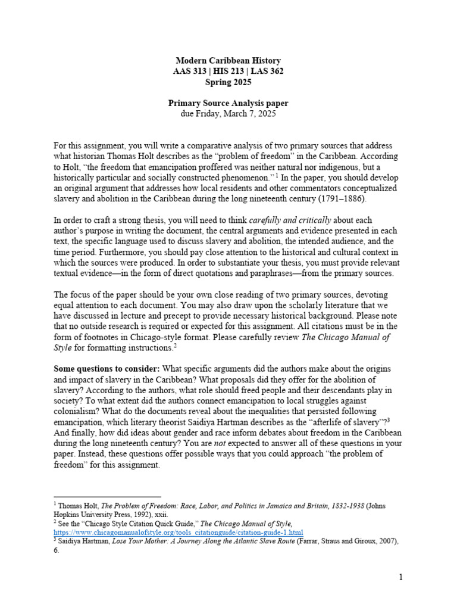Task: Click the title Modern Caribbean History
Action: click(228, 61)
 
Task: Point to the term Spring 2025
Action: click(228, 82)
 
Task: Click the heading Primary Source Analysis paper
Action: click(228, 104)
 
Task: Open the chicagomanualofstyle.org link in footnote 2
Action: click(179, 532)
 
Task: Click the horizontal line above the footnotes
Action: click(107, 496)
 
